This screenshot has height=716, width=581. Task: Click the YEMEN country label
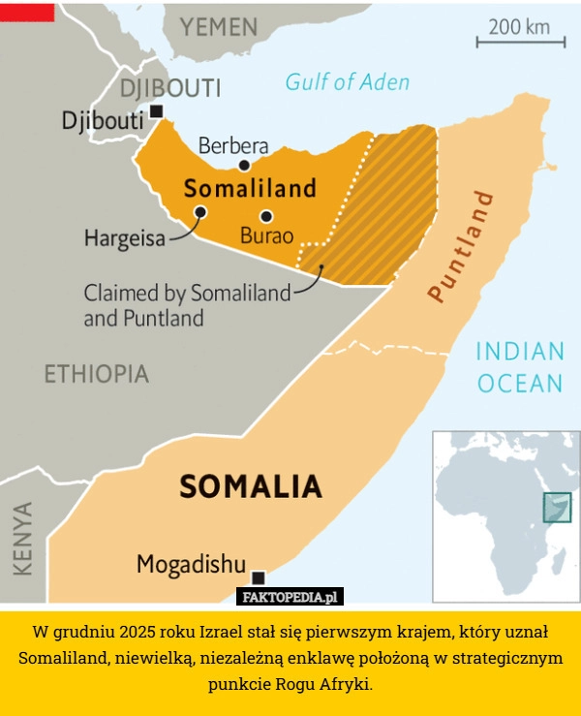tap(219, 26)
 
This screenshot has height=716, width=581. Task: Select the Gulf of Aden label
tap(347, 82)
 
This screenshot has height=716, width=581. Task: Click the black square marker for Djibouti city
tap(156, 111)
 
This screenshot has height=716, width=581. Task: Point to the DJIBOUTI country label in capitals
tap(169, 88)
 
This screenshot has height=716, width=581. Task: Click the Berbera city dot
tap(244, 166)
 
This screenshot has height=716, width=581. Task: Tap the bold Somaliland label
tap(250, 188)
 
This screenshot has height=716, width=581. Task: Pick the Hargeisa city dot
tap(200, 212)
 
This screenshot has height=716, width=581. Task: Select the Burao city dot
tap(266, 216)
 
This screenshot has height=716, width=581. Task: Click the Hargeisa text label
tap(124, 238)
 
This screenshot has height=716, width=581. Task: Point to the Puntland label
tap(461, 246)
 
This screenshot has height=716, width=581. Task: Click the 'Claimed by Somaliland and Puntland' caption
tap(186, 304)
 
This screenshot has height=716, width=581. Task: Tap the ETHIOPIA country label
tap(97, 373)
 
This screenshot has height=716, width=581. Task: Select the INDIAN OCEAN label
tap(520, 367)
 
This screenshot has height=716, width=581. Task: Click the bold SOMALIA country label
tap(251, 484)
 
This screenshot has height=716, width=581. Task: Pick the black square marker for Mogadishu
tap(258, 578)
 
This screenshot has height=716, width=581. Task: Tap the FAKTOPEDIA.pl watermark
tap(290, 597)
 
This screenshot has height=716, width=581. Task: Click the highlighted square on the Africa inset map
tap(557, 507)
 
